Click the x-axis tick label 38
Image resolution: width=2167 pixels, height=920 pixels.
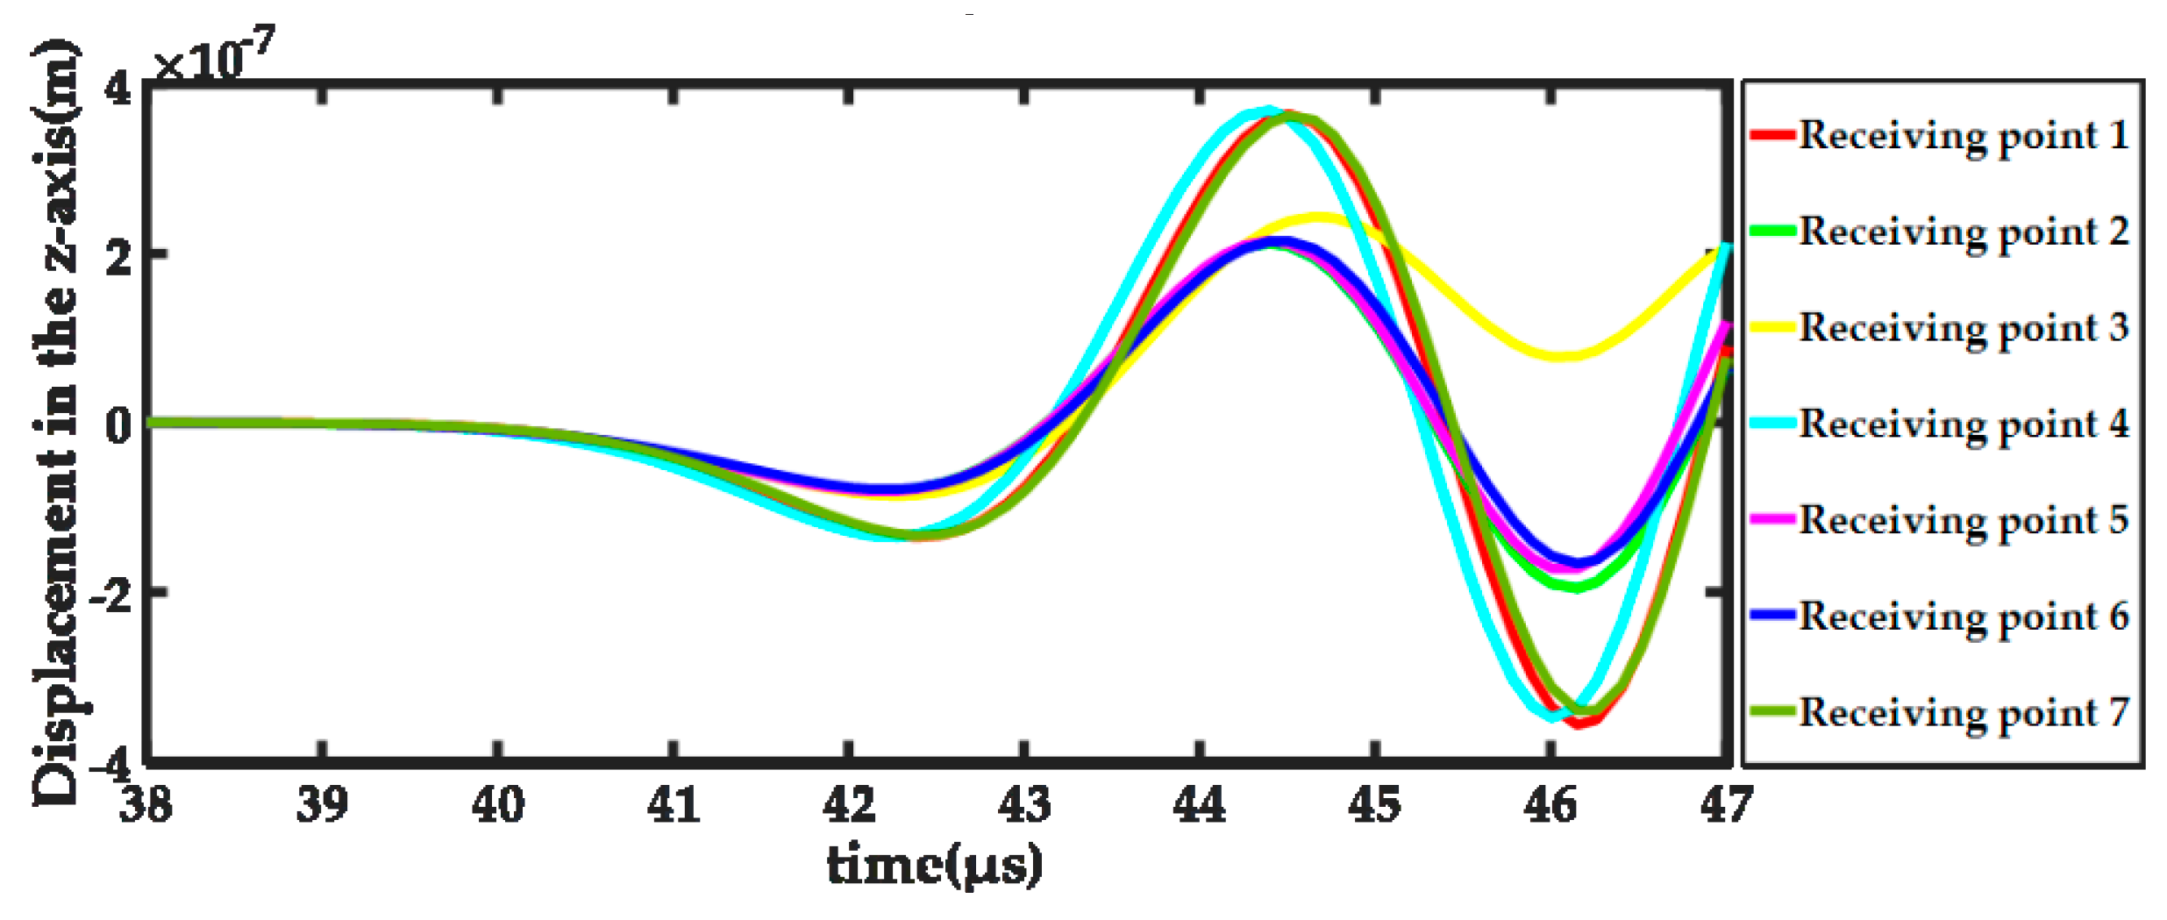click(146, 804)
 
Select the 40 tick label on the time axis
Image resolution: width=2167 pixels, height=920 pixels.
click(497, 804)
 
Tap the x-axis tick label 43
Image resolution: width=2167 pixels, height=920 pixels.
click(1024, 804)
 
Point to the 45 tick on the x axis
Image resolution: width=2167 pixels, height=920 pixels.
click(1375, 804)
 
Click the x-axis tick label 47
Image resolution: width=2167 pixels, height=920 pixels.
click(1726, 804)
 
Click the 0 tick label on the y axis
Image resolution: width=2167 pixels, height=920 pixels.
click(118, 424)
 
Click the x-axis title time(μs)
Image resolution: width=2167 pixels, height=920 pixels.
click(935, 866)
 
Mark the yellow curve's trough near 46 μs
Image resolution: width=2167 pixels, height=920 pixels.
click(1563, 356)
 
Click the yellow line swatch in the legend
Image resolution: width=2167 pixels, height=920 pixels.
click(1771, 327)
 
